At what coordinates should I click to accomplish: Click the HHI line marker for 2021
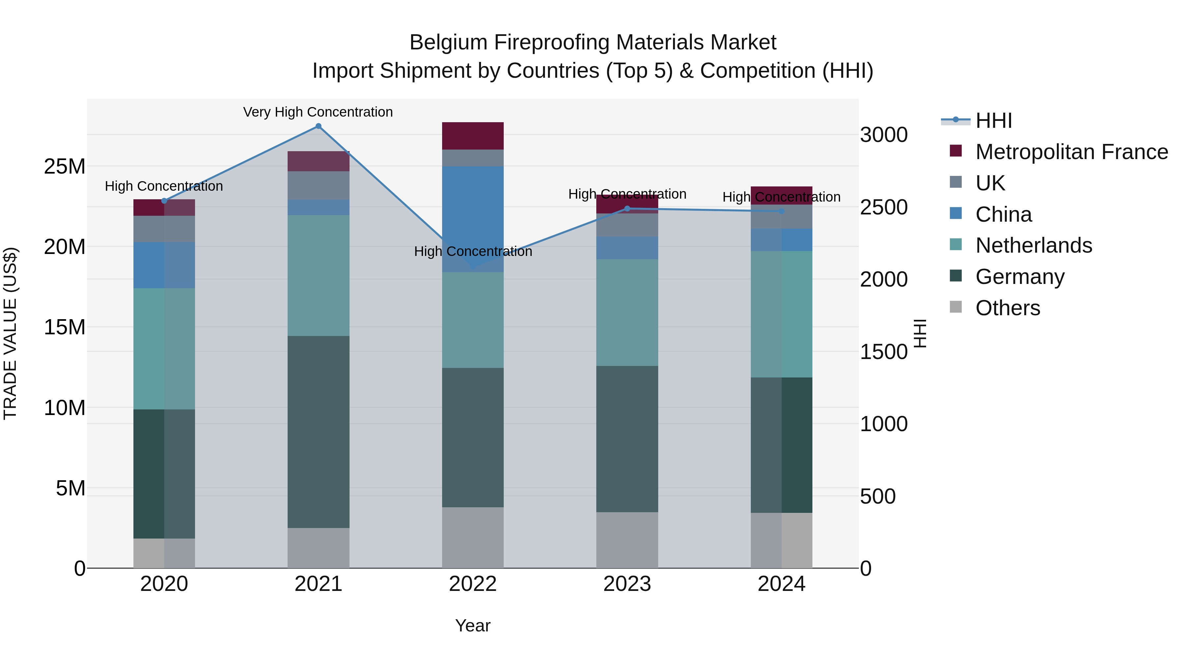tap(318, 126)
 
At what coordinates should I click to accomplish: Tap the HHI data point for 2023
tap(627, 208)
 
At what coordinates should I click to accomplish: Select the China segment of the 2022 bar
tap(473, 219)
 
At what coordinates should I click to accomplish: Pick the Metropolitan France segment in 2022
tap(473, 136)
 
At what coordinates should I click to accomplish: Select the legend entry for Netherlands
tap(1033, 245)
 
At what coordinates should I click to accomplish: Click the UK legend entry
tap(990, 183)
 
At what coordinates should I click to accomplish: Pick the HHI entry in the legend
tap(994, 121)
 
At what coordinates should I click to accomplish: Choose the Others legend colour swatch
tap(956, 307)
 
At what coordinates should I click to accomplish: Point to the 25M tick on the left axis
tap(65, 166)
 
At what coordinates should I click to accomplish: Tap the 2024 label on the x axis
tap(781, 584)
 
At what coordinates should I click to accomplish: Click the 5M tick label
tap(71, 488)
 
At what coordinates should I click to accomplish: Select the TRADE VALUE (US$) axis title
tap(10, 333)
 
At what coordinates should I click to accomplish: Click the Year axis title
tap(472, 625)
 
